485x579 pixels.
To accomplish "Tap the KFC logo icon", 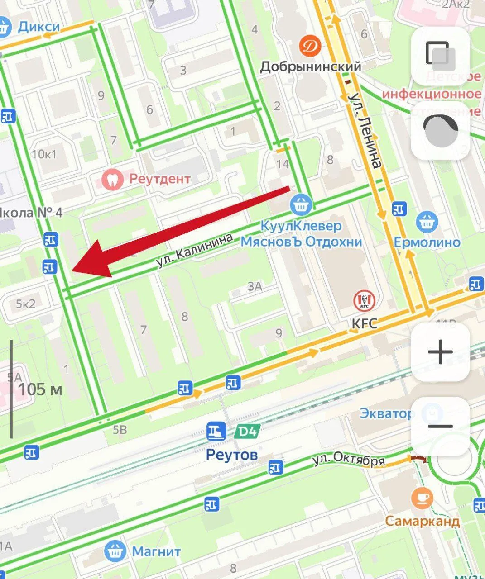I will (x=365, y=301).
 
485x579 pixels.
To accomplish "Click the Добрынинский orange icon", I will (x=311, y=46).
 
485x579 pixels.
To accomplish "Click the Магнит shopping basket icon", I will (x=115, y=551).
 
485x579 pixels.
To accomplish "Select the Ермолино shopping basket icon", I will (x=427, y=222).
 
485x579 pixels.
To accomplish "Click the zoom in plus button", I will (x=440, y=352).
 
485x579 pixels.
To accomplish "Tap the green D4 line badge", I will (x=246, y=432).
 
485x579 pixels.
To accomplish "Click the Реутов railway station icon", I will (x=216, y=432).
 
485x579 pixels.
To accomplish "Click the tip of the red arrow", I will (x=72, y=271).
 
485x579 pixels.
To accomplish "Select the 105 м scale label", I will (x=40, y=389).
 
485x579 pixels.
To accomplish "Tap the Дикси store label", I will (x=38, y=26).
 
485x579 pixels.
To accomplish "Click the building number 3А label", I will (x=255, y=286).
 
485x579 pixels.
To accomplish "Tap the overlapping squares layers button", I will (x=440, y=56).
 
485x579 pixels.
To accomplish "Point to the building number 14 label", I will (x=283, y=164).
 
